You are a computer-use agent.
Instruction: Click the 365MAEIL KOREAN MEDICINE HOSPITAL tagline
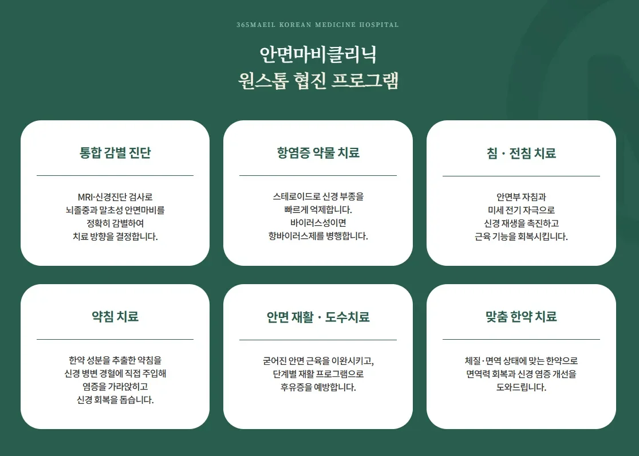pos(318,25)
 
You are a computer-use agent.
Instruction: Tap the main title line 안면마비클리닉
pos(318,55)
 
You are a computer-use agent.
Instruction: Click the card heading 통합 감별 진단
pos(115,153)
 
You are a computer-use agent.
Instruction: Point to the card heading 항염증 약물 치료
pos(318,153)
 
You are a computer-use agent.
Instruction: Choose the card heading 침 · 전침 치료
pos(521,153)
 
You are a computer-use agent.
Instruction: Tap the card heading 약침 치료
pos(115,317)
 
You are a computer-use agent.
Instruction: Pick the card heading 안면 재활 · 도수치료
pos(318,317)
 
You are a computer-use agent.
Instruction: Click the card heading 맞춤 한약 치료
pos(521,317)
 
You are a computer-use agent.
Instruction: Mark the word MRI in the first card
pos(85,196)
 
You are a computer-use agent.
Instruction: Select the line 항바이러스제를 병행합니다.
pos(318,236)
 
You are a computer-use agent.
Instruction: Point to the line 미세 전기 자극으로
pos(521,210)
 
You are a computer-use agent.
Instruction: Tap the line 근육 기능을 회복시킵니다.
pos(521,236)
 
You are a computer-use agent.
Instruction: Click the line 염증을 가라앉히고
pos(115,387)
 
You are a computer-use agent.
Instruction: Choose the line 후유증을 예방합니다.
pos(318,387)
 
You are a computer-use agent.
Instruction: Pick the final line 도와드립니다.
pos(521,387)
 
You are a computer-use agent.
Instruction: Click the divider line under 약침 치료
pos(115,340)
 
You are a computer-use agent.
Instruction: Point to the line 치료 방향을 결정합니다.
pos(115,236)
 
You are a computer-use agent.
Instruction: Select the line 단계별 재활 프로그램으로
pos(318,374)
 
